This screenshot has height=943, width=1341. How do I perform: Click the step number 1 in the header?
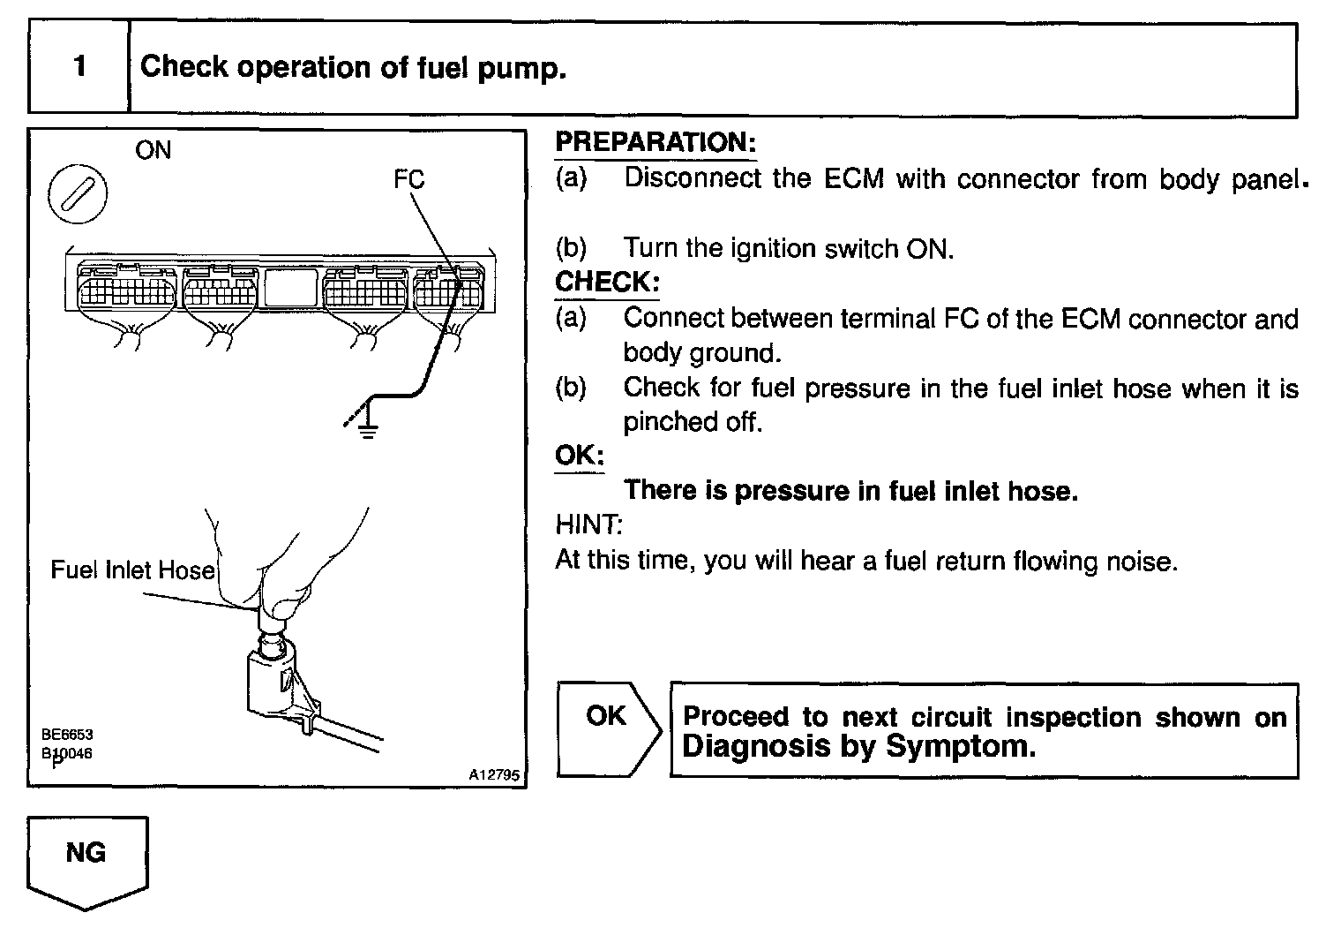(80, 67)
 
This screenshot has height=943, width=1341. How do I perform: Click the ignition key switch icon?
(78, 193)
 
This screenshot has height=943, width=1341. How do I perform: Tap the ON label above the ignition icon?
(153, 150)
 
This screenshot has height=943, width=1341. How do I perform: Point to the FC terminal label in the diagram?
(408, 180)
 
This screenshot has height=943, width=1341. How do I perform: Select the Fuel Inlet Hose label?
(132, 570)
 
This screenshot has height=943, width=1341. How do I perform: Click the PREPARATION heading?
(656, 143)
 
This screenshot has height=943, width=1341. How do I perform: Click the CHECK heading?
(607, 283)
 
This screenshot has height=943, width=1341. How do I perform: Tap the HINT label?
(588, 525)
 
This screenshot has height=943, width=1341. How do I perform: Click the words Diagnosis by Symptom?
(858, 747)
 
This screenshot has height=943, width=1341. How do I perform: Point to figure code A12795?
(495, 775)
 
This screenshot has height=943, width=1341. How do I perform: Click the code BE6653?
(66, 735)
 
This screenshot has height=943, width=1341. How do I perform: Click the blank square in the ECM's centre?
(291, 288)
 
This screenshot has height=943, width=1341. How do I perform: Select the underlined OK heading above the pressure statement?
(579, 456)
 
